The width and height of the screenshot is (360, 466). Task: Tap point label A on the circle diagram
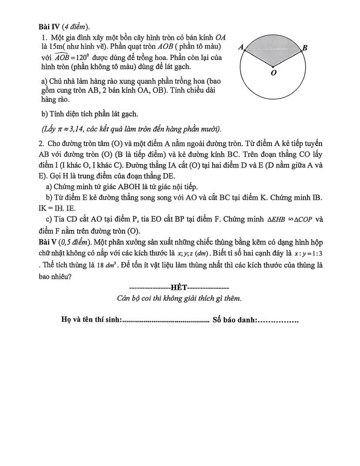tap(241, 47)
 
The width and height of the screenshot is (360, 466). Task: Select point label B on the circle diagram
tap(305, 48)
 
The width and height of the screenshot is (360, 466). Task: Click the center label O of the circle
tap(274, 73)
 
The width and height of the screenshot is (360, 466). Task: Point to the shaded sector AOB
tap(273, 49)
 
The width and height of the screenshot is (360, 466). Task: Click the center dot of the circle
tap(273, 67)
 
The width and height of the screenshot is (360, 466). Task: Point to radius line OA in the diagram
tap(259, 58)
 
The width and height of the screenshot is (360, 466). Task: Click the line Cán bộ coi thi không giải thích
tap(179, 298)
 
